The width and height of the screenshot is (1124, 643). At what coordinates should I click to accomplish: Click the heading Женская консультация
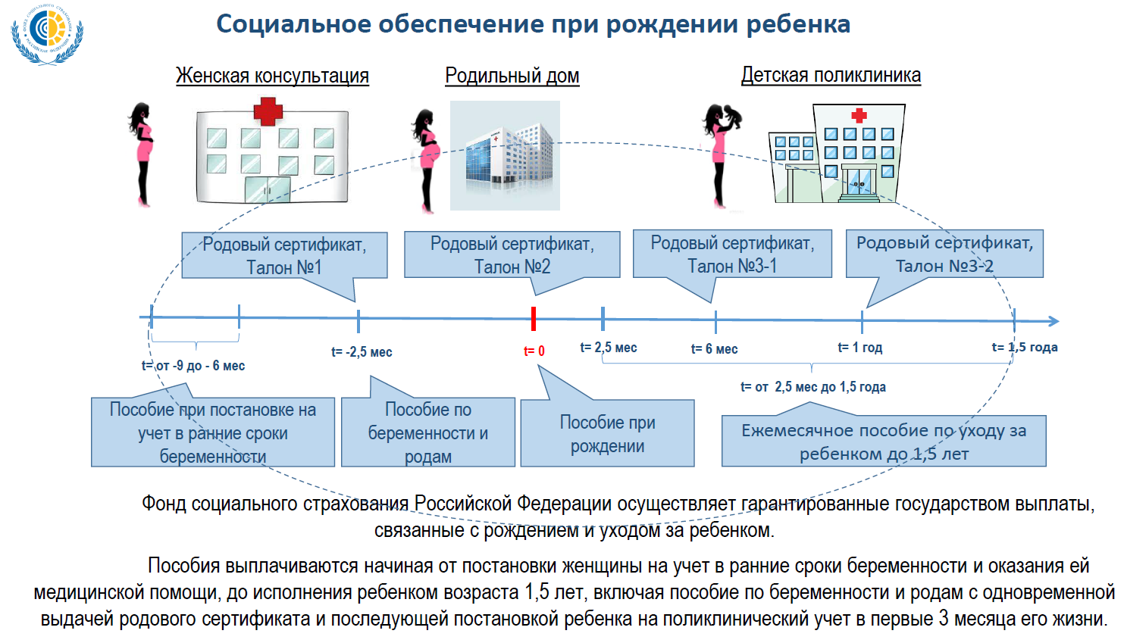pyautogui.click(x=272, y=76)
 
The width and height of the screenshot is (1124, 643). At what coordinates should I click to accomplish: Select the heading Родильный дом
pyautogui.click(x=512, y=76)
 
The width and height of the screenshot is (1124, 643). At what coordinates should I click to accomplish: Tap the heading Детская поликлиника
pyautogui.click(x=831, y=75)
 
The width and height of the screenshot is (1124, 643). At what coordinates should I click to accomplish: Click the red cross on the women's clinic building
pyautogui.click(x=268, y=111)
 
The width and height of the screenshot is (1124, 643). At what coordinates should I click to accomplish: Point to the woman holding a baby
pyautogui.click(x=720, y=155)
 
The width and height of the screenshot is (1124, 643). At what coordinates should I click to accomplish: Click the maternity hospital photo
pyautogui.click(x=505, y=155)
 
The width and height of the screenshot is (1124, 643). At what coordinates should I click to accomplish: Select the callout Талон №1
pyautogui.click(x=284, y=256)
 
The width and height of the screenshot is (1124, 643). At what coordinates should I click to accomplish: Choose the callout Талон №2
pyautogui.click(x=512, y=255)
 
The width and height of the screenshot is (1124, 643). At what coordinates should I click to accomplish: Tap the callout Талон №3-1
pyautogui.click(x=732, y=254)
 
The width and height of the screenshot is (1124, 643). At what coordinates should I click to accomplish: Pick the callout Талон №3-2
pyautogui.click(x=944, y=254)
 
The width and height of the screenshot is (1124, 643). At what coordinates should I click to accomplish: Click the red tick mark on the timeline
pyautogui.click(x=534, y=319)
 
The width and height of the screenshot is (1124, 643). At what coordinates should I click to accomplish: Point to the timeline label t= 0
pyautogui.click(x=534, y=351)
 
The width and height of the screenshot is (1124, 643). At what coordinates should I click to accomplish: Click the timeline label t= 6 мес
pyautogui.click(x=714, y=349)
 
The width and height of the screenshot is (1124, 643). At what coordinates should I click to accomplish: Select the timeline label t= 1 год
pyautogui.click(x=859, y=348)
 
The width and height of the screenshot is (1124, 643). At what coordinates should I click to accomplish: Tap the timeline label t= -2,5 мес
pyautogui.click(x=362, y=352)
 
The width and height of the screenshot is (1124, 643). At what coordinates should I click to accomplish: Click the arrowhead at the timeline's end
pyautogui.click(x=1053, y=321)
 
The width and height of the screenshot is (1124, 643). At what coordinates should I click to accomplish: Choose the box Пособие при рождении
pyautogui.click(x=607, y=433)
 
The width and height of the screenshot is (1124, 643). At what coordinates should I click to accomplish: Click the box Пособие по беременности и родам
pyautogui.click(x=428, y=432)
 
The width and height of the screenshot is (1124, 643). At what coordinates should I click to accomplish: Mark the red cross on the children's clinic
pyautogui.click(x=859, y=115)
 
